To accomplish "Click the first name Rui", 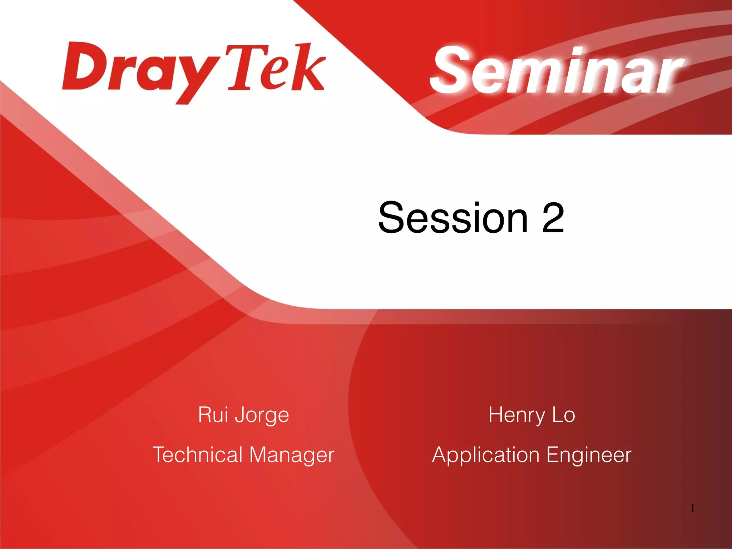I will (x=213, y=415).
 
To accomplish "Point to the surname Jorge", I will (x=262, y=415).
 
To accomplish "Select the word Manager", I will (x=292, y=455).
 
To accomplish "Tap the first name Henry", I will (x=516, y=415).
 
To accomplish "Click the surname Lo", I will (x=564, y=415).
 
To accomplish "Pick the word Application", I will (x=486, y=455).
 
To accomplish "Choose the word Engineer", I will (x=589, y=455).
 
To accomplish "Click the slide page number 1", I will (x=692, y=508).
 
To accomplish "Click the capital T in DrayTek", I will (x=240, y=66).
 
